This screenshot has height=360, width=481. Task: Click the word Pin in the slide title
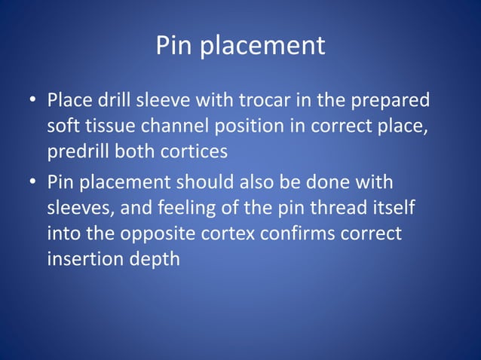click(173, 46)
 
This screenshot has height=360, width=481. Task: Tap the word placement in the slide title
click(259, 46)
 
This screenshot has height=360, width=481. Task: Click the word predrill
click(78, 151)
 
